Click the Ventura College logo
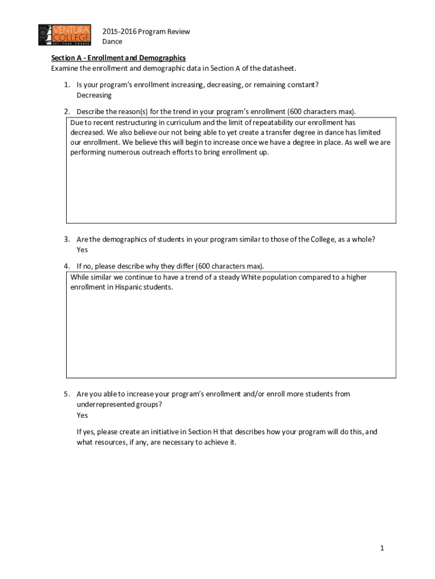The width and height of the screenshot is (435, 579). pos(65,35)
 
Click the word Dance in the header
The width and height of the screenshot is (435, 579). pos(112,42)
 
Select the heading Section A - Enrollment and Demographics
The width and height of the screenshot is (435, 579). pos(119,58)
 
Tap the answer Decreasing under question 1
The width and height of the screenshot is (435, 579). pos(94,95)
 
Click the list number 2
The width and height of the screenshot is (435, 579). pos(66,111)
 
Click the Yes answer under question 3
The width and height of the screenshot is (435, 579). pos(82,249)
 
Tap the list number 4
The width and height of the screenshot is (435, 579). pos(66,266)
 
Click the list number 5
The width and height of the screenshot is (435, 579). pos(66,394)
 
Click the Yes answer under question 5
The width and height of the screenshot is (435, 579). pos(82,415)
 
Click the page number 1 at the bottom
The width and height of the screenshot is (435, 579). pos(382,548)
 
